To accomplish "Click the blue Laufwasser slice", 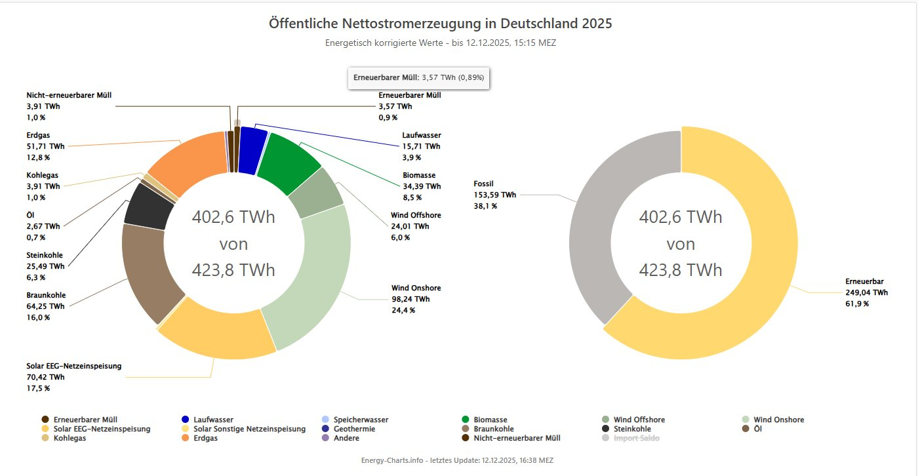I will [x=252, y=151].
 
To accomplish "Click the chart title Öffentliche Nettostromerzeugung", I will [x=440, y=24].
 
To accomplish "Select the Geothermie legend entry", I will [x=351, y=429].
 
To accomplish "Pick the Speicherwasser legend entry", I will [x=360, y=420].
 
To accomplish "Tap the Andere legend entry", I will [x=346, y=438].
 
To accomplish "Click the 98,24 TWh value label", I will [x=410, y=299].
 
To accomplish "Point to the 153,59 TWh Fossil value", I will [x=494, y=195].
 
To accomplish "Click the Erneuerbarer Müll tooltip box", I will [x=419, y=77].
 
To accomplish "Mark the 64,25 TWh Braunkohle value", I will [x=45, y=306].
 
